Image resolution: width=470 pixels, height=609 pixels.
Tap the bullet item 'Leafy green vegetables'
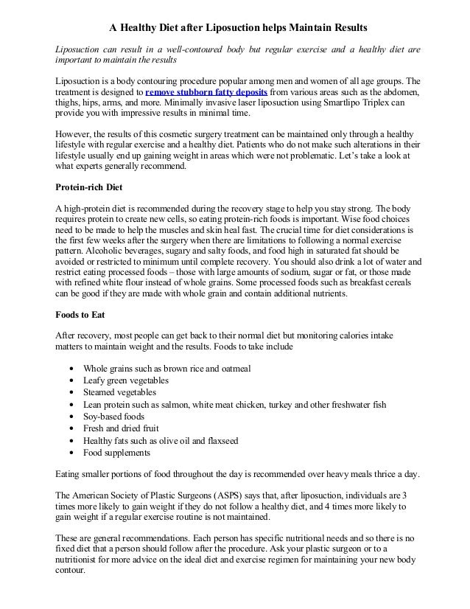click(126, 380)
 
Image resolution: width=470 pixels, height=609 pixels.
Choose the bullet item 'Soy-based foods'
click(113, 417)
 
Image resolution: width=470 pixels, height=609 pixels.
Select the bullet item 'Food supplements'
click(117, 452)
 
